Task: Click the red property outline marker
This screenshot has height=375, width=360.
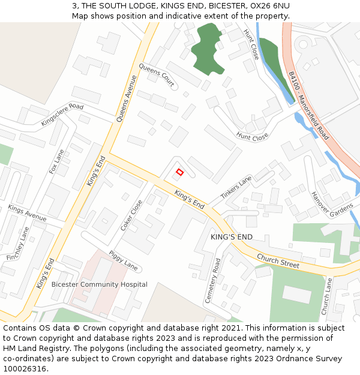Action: coord(179,172)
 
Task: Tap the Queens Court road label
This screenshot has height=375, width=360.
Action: coord(157,76)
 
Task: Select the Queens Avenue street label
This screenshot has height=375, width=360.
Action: coord(127,99)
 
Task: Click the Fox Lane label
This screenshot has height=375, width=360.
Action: coord(56,161)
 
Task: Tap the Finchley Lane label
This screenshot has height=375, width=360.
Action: coord(17,244)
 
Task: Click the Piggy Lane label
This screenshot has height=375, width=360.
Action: coord(123,260)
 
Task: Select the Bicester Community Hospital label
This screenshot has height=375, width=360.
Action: coord(99,284)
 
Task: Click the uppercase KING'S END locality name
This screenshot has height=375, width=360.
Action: coord(232,237)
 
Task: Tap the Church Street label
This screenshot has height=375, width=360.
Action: coord(278,260)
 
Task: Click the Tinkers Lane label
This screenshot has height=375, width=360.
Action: coord(236,188)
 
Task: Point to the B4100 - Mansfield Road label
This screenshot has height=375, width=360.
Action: coord(308,106)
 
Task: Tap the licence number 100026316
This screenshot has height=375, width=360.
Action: coord(25,369)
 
